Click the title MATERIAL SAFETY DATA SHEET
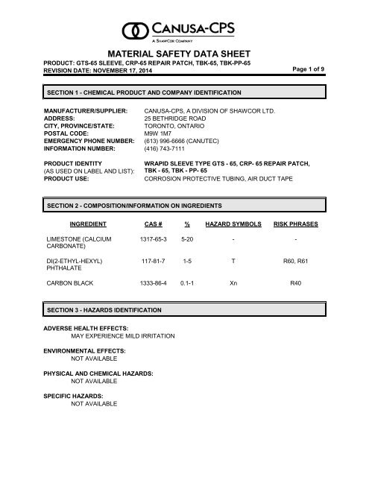(x=184, y=54)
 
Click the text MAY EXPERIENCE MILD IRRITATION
(x=122, y=336)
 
